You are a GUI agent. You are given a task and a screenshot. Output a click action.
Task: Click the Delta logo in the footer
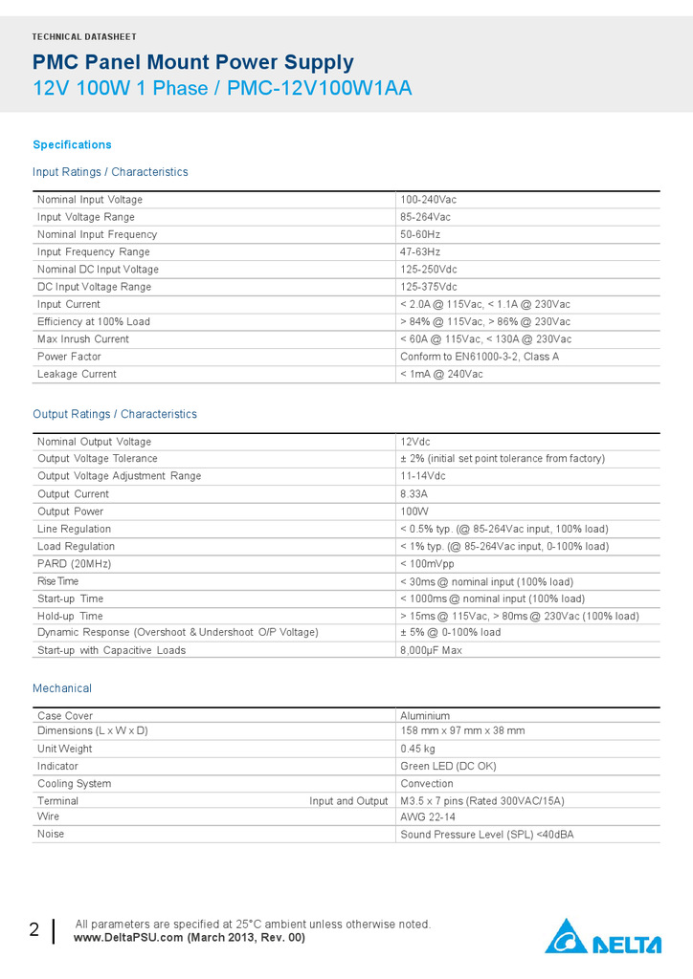tap(603, 937)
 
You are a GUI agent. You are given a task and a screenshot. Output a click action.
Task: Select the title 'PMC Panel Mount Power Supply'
tap(193, 63)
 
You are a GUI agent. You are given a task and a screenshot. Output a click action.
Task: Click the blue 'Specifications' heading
tap(72, 144)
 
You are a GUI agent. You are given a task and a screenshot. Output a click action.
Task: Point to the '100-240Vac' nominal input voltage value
tap(428, 200)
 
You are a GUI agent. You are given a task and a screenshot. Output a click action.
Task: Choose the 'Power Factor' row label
tap(69, 357)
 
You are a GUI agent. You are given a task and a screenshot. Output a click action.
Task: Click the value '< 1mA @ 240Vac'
tap(441, 374)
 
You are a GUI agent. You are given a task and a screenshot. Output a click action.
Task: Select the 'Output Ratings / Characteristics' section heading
tap(115, 414)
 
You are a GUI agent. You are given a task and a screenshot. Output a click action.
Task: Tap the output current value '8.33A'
tap(414, 494)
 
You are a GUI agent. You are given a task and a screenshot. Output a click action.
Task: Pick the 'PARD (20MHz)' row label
tap(75, 564)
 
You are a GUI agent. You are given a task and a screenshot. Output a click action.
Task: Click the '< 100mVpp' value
tap(427, 564)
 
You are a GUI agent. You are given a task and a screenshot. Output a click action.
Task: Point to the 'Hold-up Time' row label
tap(70, 616)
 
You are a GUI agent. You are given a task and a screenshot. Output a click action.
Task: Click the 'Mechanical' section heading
tap(62, 688)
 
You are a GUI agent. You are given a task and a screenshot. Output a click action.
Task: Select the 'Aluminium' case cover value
tap(425, 716)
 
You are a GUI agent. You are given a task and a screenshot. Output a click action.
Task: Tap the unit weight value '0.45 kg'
tap(417, 749)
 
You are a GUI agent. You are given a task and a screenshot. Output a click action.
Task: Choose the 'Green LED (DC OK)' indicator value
tap(448, 766)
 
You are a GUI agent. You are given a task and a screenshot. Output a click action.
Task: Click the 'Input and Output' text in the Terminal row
tap(348, 801)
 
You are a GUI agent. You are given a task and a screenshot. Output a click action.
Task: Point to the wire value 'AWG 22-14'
tap(427, 817)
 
